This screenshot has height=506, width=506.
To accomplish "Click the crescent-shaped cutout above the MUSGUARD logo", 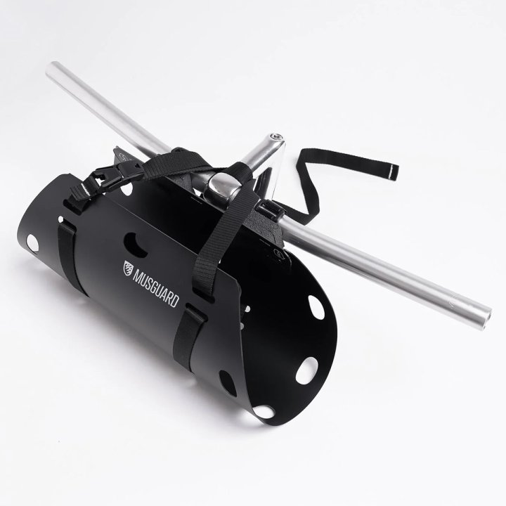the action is (x=136, y=245).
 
